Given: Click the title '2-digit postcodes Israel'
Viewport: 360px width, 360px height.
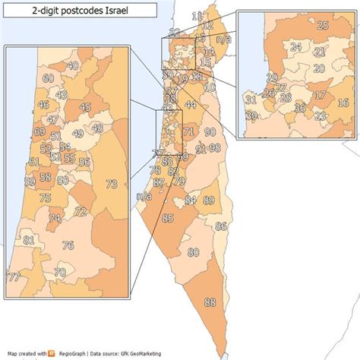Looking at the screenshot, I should point(82,10).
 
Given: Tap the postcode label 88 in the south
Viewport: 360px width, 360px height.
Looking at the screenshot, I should point(210,302).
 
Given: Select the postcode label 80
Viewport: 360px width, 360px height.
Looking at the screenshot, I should point(194,252).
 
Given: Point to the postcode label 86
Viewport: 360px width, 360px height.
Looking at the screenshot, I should point(221,226).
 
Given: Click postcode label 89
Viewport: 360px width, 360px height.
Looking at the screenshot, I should point(209,200).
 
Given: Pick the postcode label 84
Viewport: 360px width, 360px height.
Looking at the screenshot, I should point(191,200).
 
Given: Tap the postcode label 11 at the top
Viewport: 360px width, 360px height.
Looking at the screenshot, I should point(197,16).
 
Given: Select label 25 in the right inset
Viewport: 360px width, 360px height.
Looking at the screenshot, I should point(323,26).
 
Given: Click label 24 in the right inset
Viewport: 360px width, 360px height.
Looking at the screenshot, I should point(296,47).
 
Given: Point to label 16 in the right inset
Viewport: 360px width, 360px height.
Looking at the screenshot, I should point(343,103).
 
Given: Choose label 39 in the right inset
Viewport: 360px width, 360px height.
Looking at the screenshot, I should point(251,115).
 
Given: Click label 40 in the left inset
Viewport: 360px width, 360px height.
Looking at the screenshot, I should point(73,66).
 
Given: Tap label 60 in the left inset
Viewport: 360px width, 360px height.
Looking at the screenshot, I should point(49,78).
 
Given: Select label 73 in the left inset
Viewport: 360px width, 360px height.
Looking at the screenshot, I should point(112,184).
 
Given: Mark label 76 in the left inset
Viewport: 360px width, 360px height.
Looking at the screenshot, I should point(68,245).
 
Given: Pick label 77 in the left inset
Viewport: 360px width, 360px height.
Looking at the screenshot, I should point(13,277).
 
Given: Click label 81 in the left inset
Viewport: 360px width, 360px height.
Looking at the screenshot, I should point(29,240).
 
